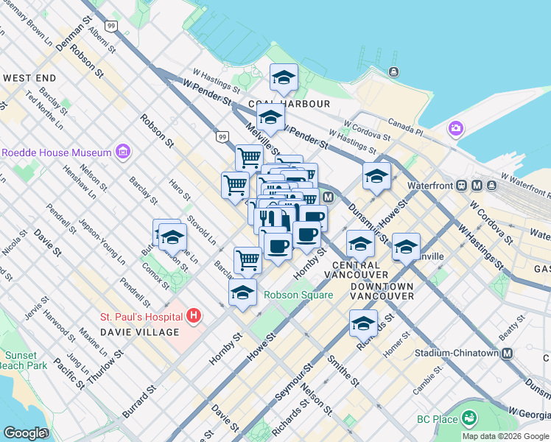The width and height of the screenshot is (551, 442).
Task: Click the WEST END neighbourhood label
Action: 30,77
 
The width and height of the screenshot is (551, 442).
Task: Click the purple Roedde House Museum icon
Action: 122,152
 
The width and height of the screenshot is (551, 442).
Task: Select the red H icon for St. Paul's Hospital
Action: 194,317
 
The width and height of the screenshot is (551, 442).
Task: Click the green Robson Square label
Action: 298,295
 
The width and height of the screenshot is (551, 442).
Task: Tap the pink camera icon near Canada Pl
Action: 456,130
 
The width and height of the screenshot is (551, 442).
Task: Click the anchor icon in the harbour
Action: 394,71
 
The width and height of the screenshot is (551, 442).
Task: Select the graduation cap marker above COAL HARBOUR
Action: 284,77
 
